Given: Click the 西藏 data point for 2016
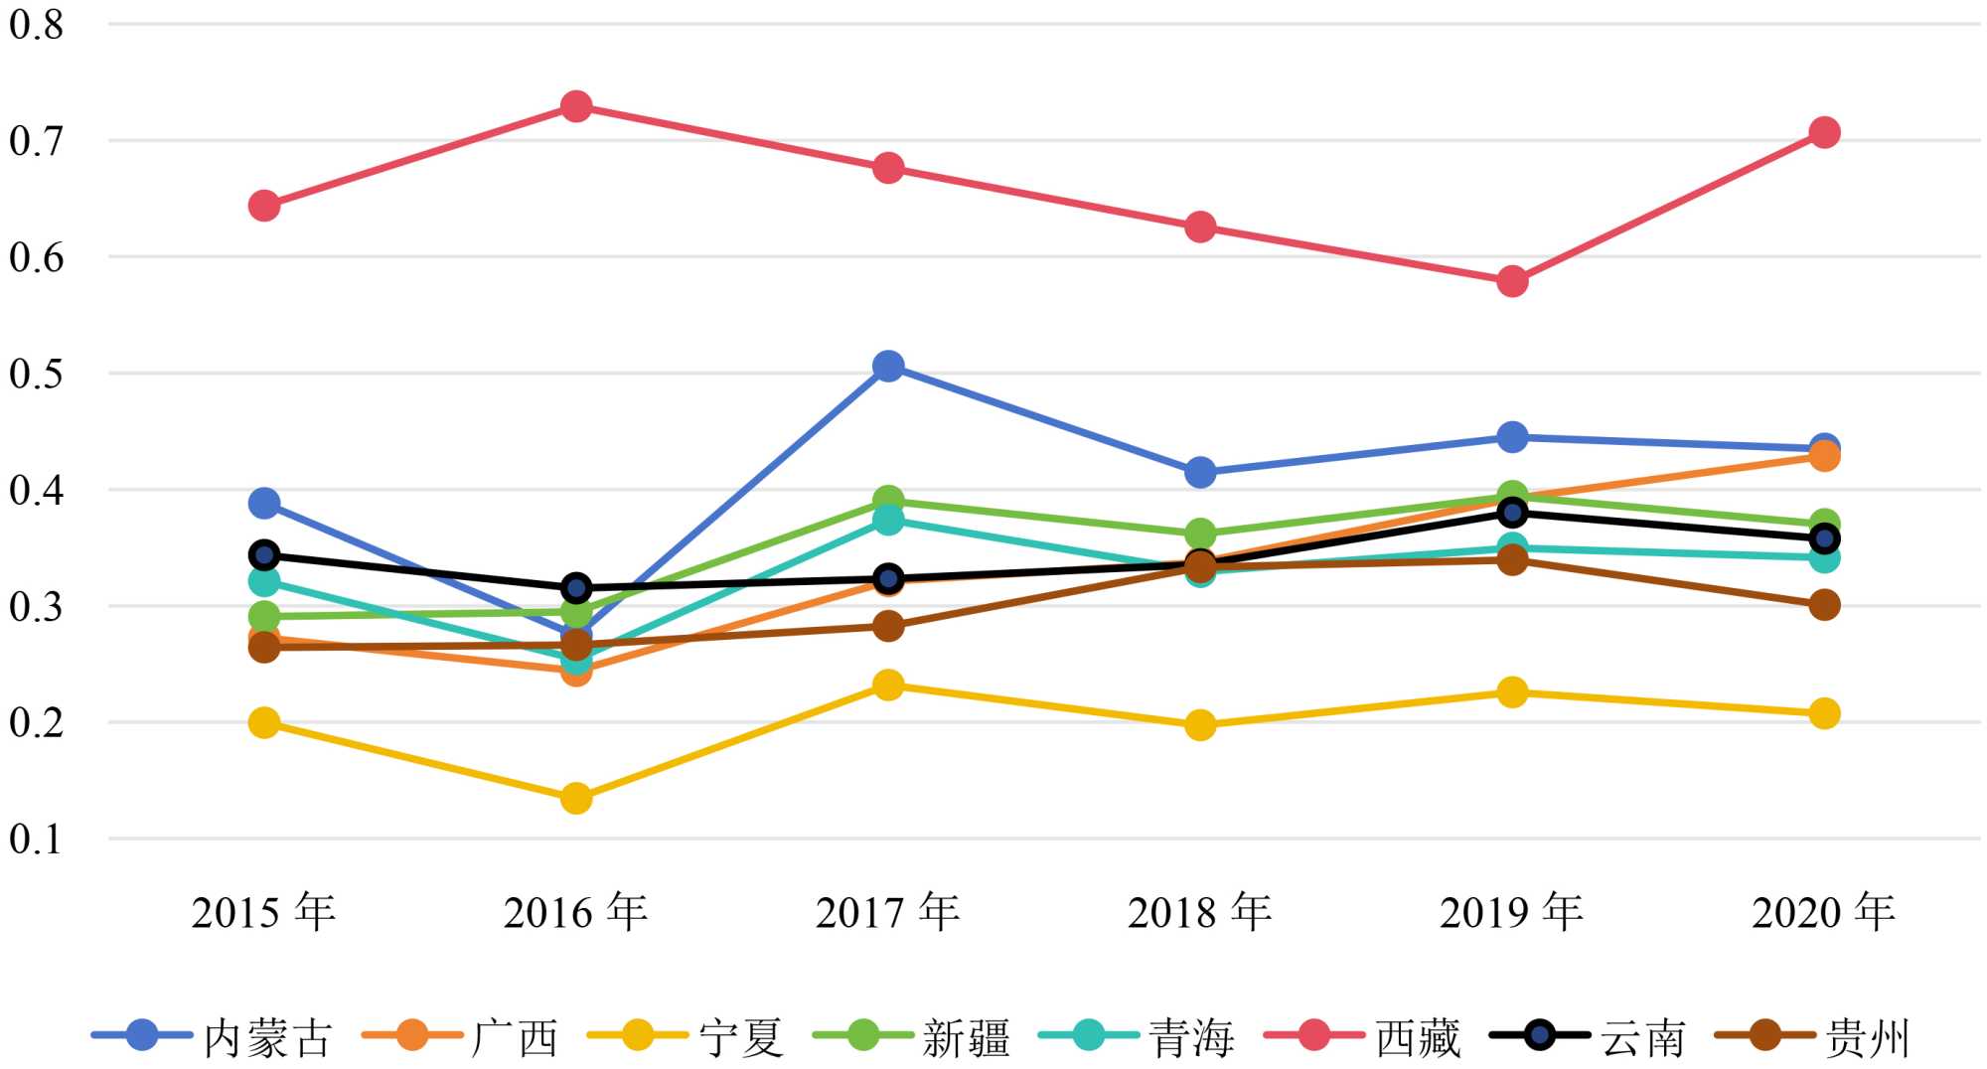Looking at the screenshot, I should [576, 106].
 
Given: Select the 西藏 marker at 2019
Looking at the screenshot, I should [1512, 281].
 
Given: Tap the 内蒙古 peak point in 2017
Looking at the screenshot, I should [888, 367].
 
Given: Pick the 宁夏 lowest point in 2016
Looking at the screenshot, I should [576, 798].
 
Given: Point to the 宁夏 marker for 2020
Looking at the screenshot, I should [1824, 713].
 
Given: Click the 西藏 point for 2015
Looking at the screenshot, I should [264, 206].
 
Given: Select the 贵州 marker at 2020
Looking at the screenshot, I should [1824, 604].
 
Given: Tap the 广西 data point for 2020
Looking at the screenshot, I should [1824, 456].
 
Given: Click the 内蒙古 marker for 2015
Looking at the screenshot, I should [264, 503].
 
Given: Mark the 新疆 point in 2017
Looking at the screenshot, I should [888, 500].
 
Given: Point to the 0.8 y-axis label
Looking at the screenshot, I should [37, 25].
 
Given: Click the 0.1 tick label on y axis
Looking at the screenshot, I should [37, 840].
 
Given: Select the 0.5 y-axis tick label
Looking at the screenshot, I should [37, 375].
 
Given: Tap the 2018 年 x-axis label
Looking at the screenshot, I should [1199, 912].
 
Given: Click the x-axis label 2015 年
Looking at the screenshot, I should [263, 912].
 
